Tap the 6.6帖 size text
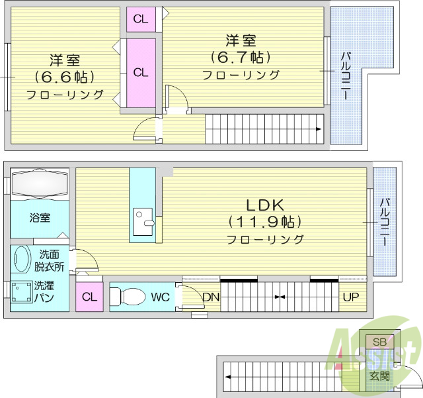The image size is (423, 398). [x=64, y=76]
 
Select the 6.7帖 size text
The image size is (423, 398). [x=241, y=57]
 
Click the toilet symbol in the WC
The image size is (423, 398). [x=129, y=297]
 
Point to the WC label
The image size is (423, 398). [x=161, y=297]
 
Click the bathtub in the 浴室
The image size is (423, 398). [x=39, y=182]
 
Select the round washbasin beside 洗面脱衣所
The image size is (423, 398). [x=21, y=260]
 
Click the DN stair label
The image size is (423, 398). [x=210, y=297]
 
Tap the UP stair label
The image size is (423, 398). [x=350, y=297]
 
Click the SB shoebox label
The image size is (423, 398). [x=379, y=342]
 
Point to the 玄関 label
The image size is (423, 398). [x=379, y=375]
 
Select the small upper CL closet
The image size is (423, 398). [x=140, y=19]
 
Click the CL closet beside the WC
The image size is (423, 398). [x=89, y=297]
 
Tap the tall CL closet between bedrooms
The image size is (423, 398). [x=140, y=73]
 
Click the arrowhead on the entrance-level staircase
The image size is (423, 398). [x=227, y=376]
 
